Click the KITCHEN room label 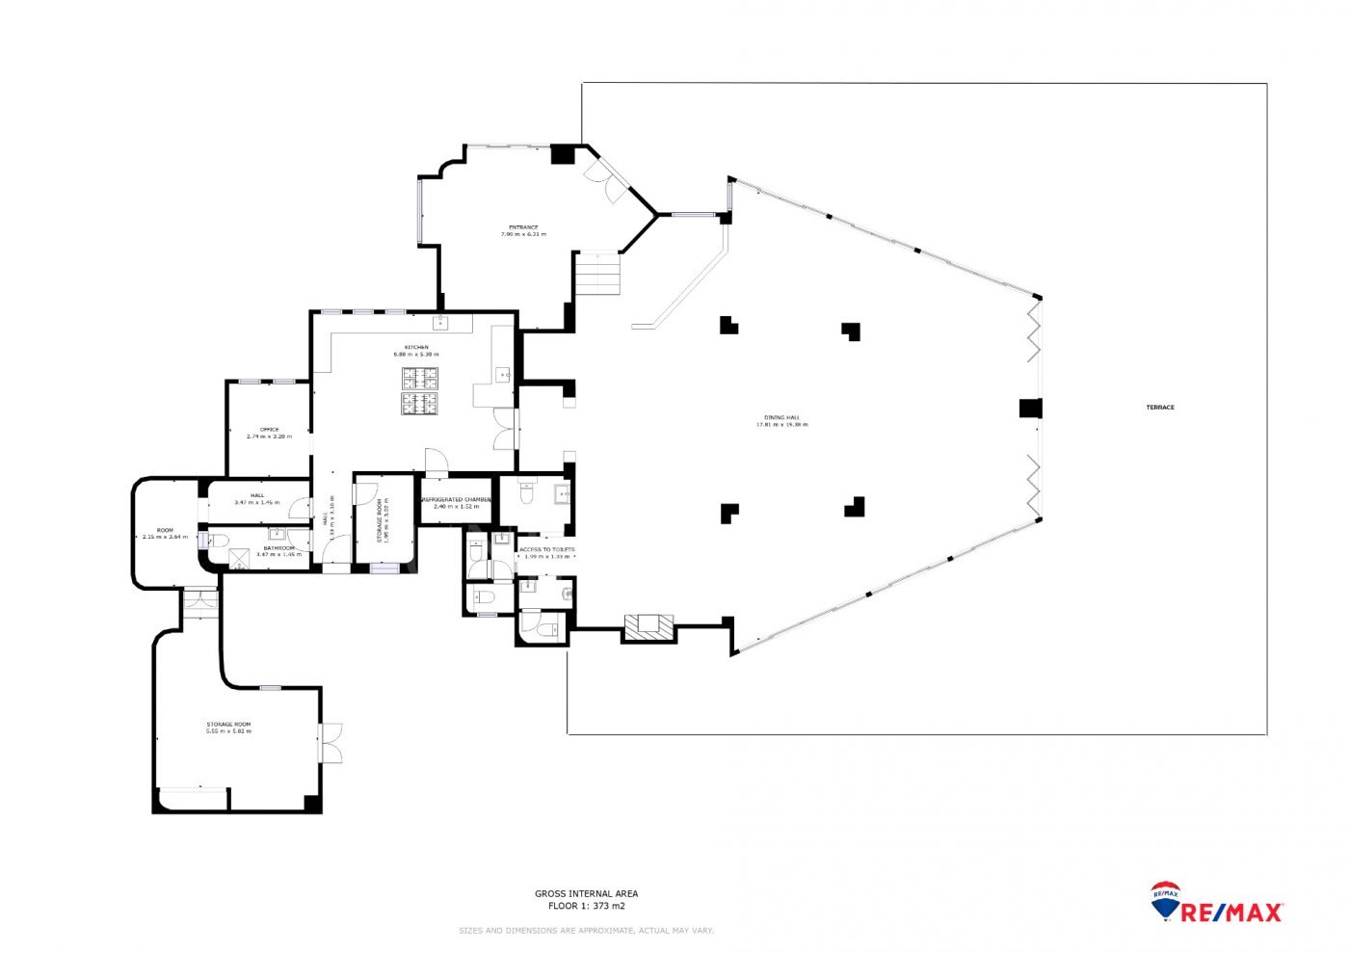[x=416, y=347]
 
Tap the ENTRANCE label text [x=523, y=228]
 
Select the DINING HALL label [x=781, y=418]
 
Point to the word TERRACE [x=1160, y=408]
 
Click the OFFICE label [x=269, y=430]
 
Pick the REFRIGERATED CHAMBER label [x=457, y=500]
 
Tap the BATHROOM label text [x=279, y=548]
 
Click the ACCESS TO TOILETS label [x=546, y=550]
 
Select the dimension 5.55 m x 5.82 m [x=228, y=731]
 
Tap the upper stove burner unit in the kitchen [x=419, y=378]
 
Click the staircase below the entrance [x=597, y=275]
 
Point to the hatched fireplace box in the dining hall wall [x=646, y=626]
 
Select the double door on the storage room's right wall [x=331, y=742]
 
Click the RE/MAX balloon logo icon [x=1166, y=897]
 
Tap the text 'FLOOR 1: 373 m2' [x=586, y=906]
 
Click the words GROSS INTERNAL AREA [x=586, y=893]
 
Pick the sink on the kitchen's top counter [x=441, y=322]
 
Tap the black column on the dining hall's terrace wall [x=1030, y=409]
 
